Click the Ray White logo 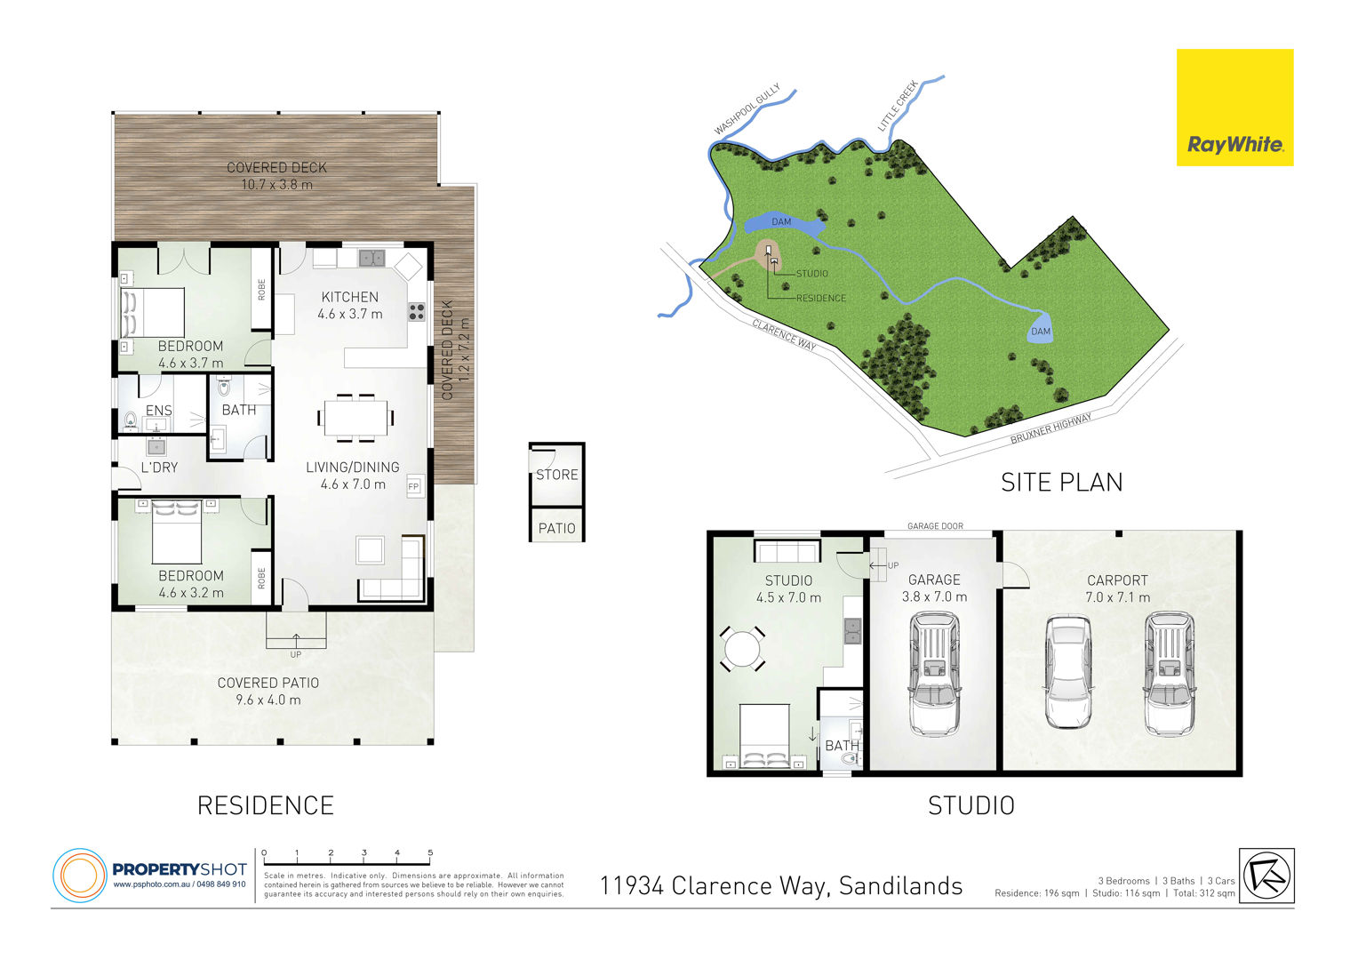point(1235,108)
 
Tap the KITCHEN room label point(350,297)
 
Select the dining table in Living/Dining point(355,417)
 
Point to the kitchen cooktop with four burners point(417,312)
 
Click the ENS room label point(159,411)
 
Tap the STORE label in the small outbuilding point(556,475)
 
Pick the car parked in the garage point(934,674)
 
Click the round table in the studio point(742,649)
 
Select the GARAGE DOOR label point(935,526)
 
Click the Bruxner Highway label point(1050,428)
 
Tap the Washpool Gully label point(747,109)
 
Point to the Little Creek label point(898,106)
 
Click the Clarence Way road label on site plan point(784,334)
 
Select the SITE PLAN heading point(1061,483)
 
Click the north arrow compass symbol point(1266,876)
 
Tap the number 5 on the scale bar point(430,852)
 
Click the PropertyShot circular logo point(80,875)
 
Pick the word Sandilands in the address point(900,886)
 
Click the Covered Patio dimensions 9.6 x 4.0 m point(268,700)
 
